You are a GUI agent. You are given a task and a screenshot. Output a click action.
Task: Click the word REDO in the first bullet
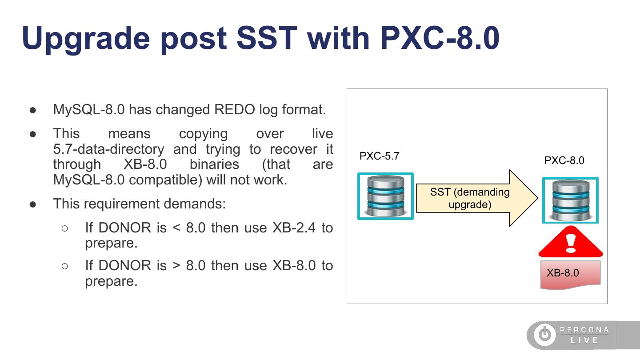[x=235, y=109]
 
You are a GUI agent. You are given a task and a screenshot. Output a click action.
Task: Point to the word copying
[x=203, y=134]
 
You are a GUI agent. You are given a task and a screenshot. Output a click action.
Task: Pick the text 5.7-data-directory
[x=108, y=149]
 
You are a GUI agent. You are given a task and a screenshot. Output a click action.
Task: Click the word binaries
[x=214, y=164]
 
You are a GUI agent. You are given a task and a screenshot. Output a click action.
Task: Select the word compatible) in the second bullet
[x=165, y=180]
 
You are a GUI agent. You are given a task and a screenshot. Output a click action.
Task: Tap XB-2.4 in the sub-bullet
[x=294, y=228]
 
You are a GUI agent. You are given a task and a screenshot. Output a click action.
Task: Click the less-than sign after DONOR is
[x=176, y=228]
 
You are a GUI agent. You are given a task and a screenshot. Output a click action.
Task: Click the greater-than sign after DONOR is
[x=176, y=266]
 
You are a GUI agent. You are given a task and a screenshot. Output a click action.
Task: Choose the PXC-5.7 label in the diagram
[x=379, y=156]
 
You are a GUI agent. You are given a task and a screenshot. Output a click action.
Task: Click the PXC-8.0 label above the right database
[x=564, y=160]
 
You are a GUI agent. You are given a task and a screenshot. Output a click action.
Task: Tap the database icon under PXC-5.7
[x=385, y=196]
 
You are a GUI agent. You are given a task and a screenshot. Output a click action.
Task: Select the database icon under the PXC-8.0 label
[x=570, y=200]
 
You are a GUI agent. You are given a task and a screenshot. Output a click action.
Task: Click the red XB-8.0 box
[x=570, y=274]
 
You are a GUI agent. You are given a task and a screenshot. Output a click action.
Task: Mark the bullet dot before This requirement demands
[x=33, y=204]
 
